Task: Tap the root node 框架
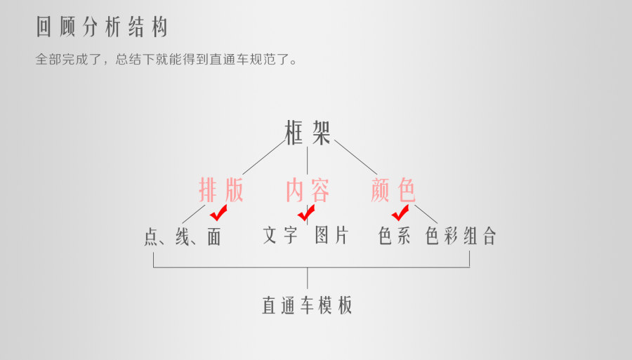(308, 132)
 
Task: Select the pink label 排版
(221, 190)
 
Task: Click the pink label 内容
(308, 190)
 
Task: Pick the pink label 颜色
(393, 190)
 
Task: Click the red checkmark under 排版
(218, 213)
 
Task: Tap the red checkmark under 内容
(306, 212)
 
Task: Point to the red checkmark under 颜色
(400, 213)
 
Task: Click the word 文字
(280, 235)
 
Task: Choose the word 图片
(331, 235)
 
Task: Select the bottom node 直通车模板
(307, 305)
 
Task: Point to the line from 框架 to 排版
(263, 156)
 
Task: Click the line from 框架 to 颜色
(355, 156)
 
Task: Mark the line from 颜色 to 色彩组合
(426, 213)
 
